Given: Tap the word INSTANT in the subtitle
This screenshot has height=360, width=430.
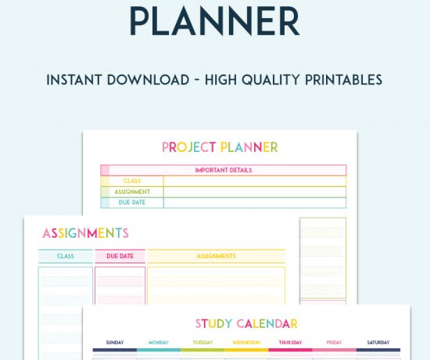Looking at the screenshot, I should (73, 80).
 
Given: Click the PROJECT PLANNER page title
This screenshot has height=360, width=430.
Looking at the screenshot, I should (220, 147).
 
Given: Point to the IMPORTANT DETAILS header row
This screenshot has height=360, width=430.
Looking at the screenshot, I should (223, 170).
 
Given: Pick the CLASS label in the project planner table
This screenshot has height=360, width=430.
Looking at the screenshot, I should (132, 181).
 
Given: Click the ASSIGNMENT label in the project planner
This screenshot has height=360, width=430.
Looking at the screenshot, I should (132, 192).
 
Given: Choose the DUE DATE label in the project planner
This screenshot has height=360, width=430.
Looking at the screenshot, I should (132, 203).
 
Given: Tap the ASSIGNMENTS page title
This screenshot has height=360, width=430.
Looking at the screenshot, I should (85, 233).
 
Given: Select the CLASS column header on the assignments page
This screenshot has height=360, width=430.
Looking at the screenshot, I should (65, 256).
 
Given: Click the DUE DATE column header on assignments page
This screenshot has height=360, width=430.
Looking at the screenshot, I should (120, 256).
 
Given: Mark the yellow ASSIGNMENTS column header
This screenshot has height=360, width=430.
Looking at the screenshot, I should (216, 256).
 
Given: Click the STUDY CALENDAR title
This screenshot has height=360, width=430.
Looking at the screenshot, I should (246, 323).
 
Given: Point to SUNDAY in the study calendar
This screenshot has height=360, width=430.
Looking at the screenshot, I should (114, 343).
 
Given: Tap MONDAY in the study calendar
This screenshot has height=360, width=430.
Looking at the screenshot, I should (159, 343).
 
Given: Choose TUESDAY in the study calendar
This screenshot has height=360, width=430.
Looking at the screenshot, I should (202, 343).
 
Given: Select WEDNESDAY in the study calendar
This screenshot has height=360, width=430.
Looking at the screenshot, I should (246, 343).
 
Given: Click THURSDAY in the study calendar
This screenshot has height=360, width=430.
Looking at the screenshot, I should (290, 343).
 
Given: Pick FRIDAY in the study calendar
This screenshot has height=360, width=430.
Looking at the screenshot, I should (334, 343).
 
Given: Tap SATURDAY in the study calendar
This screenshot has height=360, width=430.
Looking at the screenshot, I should (378, 343).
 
